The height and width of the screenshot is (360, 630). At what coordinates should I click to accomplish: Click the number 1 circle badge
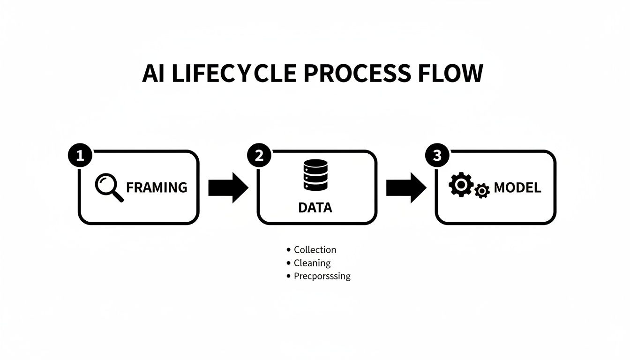click(80, 156)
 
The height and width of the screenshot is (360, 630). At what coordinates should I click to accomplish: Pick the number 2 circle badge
click(259, 156)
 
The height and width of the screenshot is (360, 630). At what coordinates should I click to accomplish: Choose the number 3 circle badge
click(437, 156)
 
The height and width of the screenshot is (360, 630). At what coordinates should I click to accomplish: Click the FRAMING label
click(157, 187)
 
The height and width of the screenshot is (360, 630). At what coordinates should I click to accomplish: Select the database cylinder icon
click(315, 175)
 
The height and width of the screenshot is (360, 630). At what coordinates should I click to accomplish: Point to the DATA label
click(315, 208)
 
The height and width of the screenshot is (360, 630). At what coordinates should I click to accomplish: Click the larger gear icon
click(460, 185)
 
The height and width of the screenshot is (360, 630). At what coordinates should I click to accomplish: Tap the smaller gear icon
click(482, 191)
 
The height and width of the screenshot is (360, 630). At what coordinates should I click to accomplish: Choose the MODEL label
click(517, 188)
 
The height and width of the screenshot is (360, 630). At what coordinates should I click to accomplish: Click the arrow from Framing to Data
click(228, 187)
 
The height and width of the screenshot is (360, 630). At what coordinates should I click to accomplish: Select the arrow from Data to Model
click(406, 187)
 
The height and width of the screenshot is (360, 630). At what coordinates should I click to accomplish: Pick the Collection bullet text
click(315, 250)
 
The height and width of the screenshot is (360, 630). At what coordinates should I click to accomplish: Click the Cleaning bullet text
click(312, 263)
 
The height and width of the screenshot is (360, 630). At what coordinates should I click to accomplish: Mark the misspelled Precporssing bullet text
click(322, 276)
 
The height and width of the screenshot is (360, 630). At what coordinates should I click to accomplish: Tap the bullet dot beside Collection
click(288, 250)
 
